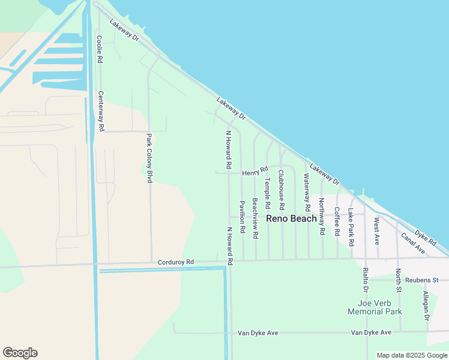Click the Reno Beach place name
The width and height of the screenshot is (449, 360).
291,218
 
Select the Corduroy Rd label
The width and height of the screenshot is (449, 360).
176,262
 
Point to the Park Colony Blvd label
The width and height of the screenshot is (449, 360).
149,159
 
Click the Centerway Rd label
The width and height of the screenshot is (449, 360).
101,112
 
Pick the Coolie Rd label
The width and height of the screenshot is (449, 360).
100,49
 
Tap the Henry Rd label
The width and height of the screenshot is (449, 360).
255,172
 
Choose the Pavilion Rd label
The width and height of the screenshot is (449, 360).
242,217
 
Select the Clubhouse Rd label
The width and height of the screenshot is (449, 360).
281,189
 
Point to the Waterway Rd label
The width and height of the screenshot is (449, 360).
307,192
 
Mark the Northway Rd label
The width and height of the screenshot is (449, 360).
322,216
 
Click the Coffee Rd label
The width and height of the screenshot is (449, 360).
337,221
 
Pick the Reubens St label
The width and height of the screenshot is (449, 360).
422,280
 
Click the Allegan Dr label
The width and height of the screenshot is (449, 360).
426,305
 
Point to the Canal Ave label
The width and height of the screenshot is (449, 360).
413,243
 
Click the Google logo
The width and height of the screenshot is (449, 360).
20,353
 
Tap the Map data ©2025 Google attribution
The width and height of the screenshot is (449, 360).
412,355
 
